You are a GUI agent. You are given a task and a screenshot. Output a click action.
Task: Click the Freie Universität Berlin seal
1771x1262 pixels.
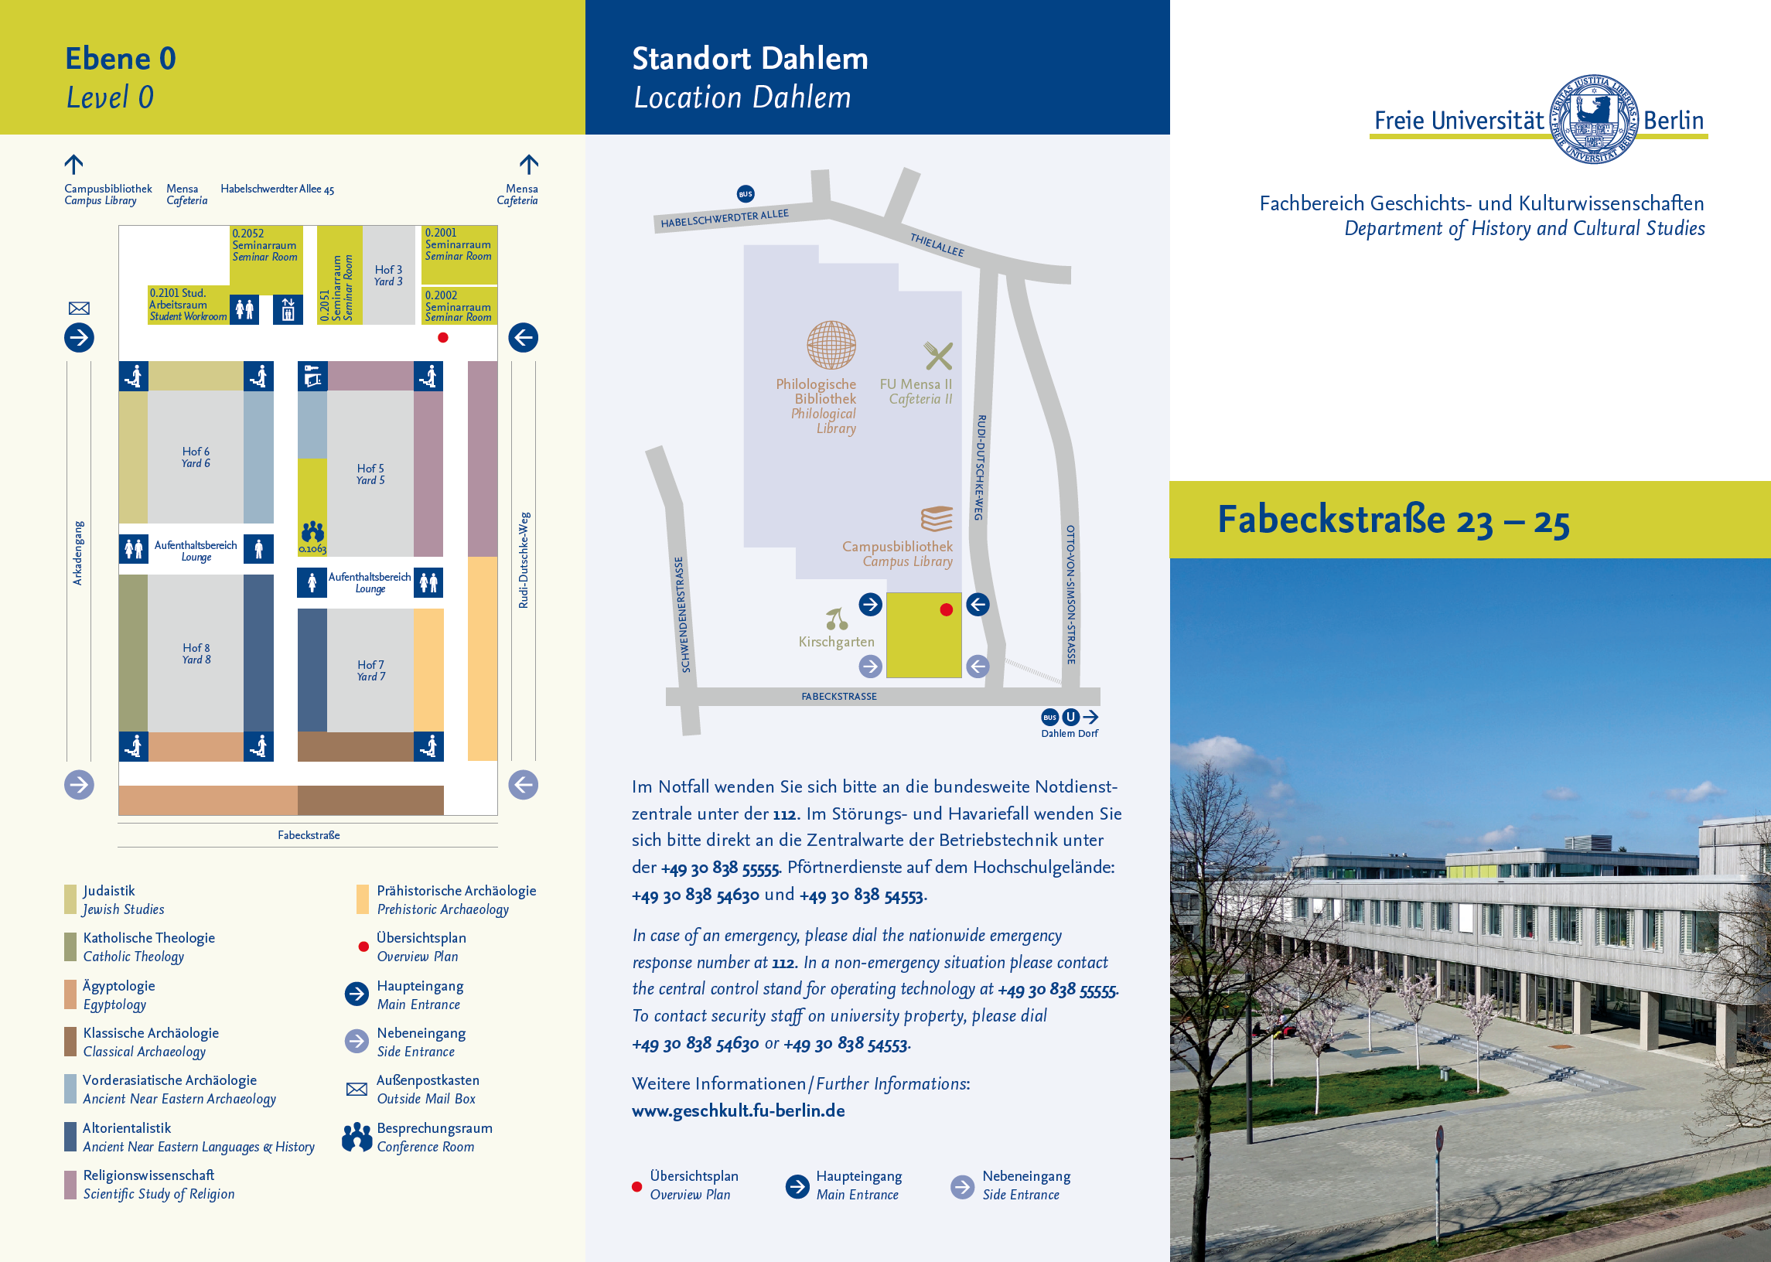1594,119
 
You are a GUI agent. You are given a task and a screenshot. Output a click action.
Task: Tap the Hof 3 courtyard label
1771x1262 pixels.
388,275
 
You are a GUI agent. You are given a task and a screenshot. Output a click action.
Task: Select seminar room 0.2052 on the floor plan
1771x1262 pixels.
266,255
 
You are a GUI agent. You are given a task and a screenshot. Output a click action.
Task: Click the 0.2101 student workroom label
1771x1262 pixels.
188,305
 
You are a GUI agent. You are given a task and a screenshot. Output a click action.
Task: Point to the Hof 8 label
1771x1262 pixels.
196,653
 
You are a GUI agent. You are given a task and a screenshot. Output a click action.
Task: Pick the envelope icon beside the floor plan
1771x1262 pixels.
79,309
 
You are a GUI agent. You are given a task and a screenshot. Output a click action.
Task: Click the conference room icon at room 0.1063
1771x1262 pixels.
313,531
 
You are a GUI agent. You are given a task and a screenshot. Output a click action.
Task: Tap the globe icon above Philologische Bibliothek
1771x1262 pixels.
831,345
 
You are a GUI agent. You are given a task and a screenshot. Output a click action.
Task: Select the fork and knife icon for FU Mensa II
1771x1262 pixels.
938,356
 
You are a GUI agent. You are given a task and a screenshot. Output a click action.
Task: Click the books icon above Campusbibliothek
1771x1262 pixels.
937,518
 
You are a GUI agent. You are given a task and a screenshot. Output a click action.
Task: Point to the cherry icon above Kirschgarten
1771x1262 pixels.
836,619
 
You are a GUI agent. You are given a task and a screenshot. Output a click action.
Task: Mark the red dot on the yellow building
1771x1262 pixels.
946,610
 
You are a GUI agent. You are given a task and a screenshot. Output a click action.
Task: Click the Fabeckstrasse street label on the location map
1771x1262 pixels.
838,696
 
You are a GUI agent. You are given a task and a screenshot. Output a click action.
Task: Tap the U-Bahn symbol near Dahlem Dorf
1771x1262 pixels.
1070,717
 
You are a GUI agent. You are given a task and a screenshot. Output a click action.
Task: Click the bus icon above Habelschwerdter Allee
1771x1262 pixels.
746,193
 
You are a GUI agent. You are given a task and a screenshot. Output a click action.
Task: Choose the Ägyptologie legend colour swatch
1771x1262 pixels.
70,994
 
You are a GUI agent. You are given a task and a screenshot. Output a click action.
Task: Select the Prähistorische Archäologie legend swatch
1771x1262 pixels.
362,899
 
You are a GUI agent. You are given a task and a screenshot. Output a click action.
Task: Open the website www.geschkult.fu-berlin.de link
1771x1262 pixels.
738,1110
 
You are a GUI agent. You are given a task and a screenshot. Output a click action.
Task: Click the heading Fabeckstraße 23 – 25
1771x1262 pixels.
1393,520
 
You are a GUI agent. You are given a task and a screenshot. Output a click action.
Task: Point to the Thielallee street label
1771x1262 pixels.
937,245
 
